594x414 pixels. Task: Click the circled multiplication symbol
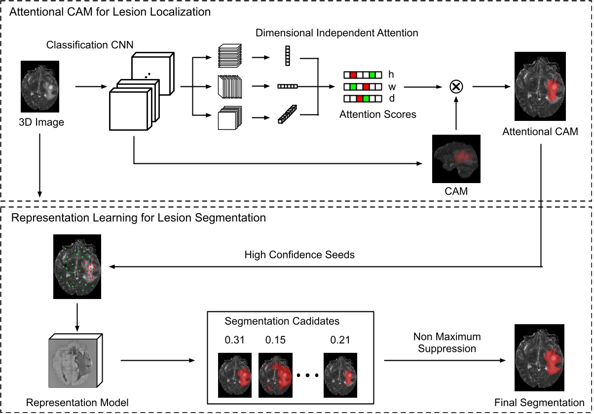(455, 87)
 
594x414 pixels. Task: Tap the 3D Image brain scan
(40, 86)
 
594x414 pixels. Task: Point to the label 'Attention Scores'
(378, 114)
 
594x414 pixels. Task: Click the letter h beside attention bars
(391, 75)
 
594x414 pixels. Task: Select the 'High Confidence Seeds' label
(300, 255)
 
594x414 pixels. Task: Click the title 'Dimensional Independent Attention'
(336, 34)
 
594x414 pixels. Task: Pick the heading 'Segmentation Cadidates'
(282, 321)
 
